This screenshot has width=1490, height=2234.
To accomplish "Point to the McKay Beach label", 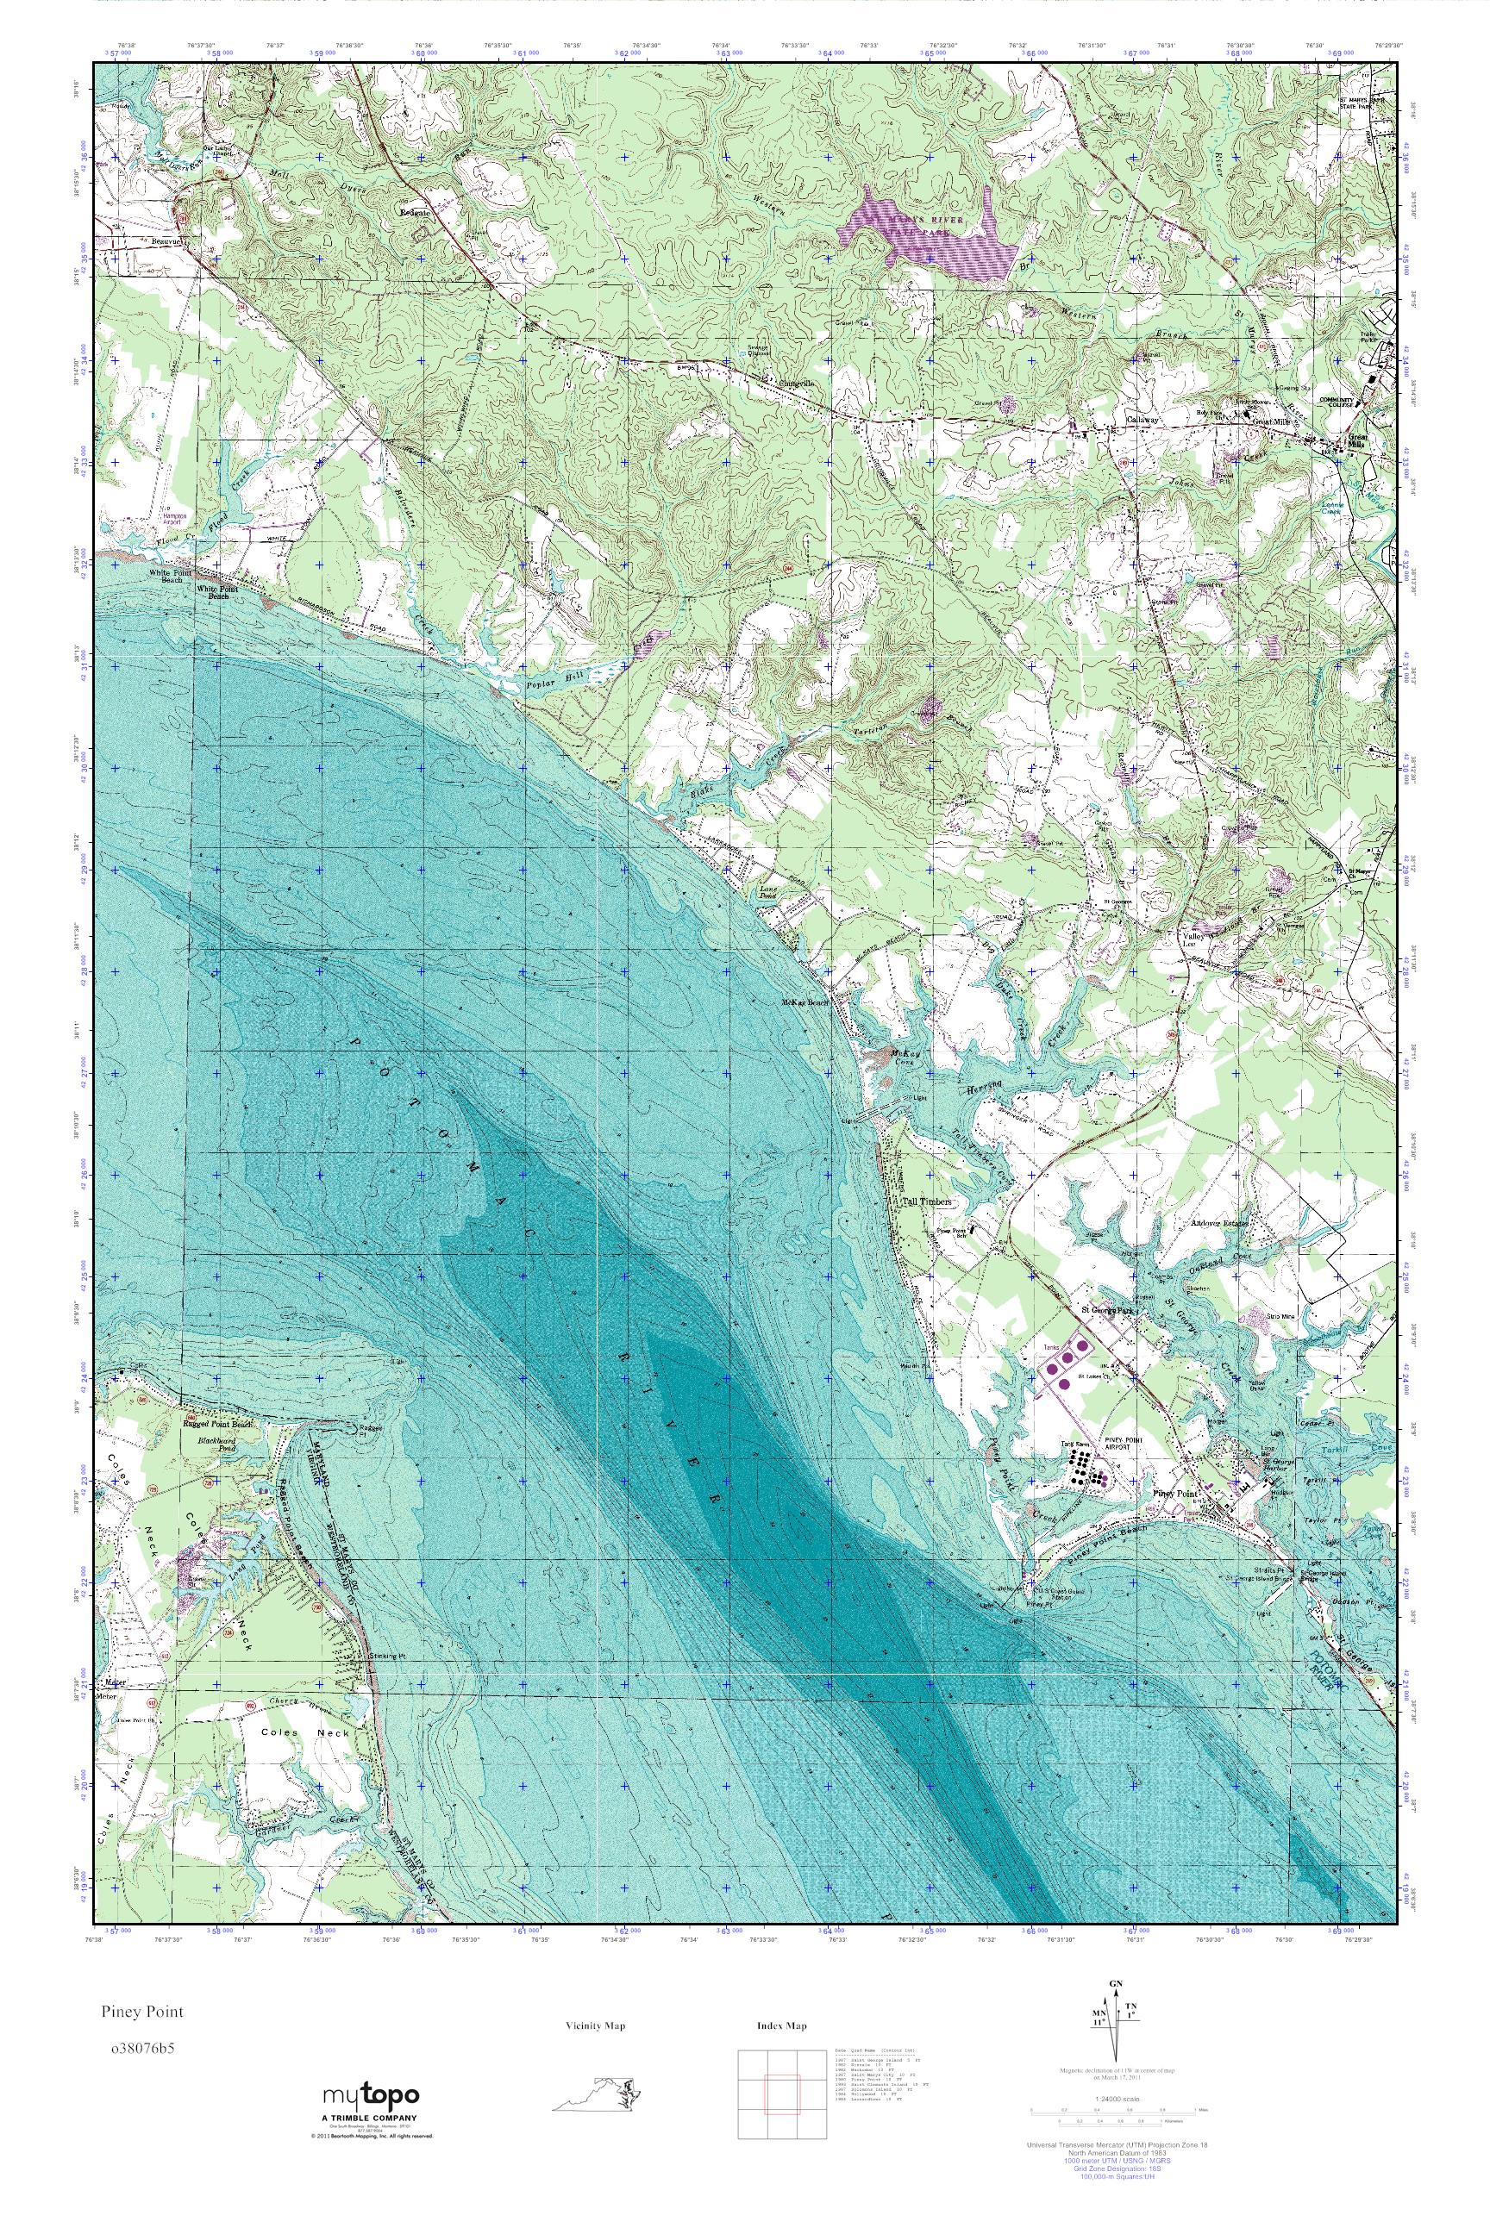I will (x=804, y=1003).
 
